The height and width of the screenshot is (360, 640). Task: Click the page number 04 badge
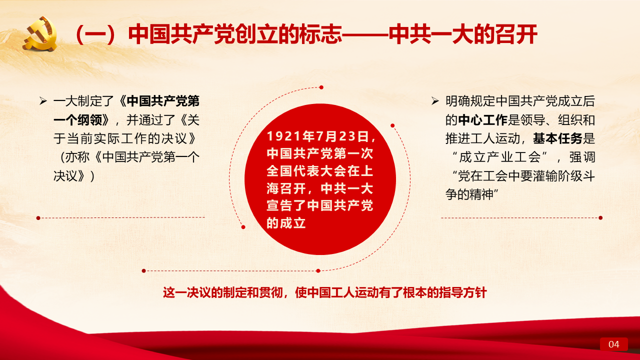(613, 344)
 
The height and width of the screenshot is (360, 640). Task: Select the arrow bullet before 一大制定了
(43, 101)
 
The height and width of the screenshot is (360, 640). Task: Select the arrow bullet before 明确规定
(435, 101)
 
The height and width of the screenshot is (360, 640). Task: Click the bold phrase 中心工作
(483, 120)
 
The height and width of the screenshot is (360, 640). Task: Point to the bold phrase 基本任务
(557, 138)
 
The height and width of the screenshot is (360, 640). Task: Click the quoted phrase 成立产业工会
(500, 157)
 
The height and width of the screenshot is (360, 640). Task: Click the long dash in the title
(365, 35)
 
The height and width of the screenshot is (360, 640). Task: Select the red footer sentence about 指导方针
(325, 292)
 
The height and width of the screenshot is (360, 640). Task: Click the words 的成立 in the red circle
(286, 223)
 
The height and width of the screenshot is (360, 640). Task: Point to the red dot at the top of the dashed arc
(321, 87)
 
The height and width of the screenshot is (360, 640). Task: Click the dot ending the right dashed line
(600, 217)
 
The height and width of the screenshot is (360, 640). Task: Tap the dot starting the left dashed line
(38, 218)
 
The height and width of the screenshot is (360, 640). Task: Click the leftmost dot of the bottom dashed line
(143, 270)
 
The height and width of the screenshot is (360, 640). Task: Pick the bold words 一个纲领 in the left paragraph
(77, 120)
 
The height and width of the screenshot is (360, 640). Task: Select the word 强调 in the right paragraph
(582, 157)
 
